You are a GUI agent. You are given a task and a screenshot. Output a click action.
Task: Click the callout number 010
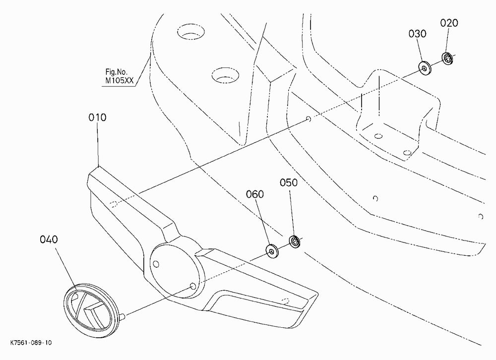[97, 118]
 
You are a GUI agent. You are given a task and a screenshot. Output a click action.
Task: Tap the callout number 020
[449, 23]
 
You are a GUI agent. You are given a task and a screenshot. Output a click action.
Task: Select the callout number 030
[417, 34]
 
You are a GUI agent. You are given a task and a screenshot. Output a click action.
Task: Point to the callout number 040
[49, 240]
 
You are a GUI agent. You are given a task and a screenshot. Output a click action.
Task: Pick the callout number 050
[289, 182]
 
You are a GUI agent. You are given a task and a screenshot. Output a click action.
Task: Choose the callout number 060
[255, 194]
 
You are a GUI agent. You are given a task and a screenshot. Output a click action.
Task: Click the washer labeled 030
[424, 67]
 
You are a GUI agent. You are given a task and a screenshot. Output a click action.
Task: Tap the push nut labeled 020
[447, 59]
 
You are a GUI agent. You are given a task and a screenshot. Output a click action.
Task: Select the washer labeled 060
[271, 251]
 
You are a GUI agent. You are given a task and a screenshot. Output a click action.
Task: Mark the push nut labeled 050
[295, 242]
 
